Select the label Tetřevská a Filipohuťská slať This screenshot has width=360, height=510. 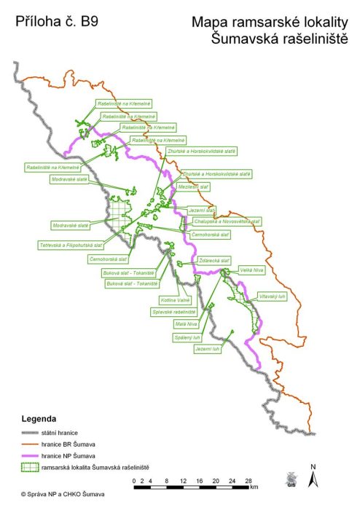point(71,246)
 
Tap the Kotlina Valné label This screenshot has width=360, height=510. point(175,299)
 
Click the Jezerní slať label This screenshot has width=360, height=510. point(202,210)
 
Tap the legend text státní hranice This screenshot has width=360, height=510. point(63,433)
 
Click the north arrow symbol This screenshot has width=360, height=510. point(313,478)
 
